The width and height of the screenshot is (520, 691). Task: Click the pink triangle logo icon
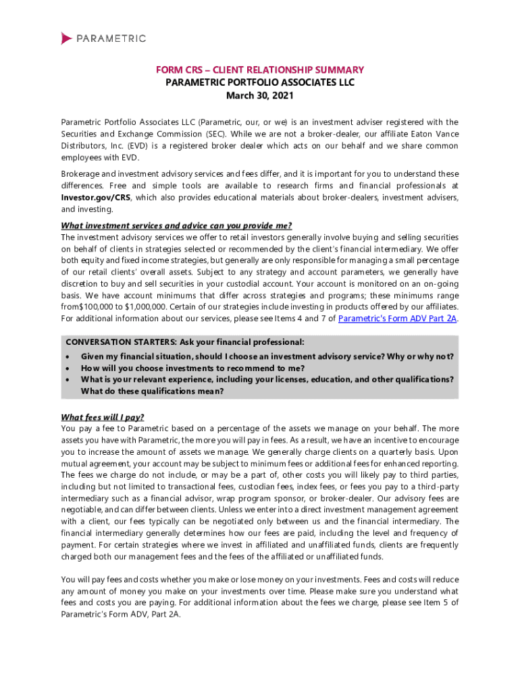point(66,38)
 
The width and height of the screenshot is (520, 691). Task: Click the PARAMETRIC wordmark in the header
point(111,38)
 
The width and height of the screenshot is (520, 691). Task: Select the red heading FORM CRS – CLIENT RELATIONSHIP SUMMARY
point(260,70)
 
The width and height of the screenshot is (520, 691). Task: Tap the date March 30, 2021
point(260,95)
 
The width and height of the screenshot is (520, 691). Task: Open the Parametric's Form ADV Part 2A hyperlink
point(396,319)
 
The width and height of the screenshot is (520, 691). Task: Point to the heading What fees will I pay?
point(103,416)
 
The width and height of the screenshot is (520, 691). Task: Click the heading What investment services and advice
point(176,225)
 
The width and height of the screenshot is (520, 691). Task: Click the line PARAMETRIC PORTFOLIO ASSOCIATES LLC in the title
point(260,82)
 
